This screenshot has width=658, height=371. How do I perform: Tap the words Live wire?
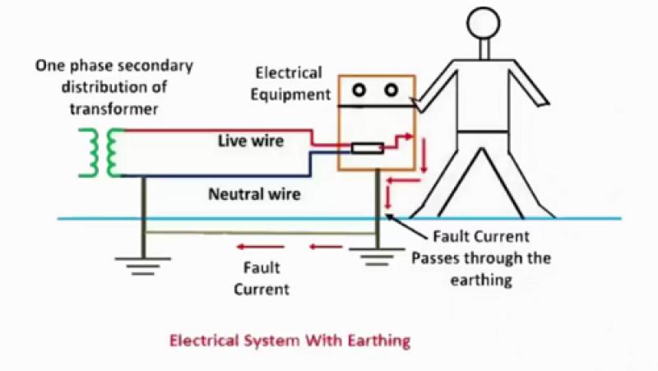pos(250,141)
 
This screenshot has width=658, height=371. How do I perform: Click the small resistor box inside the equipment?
pos(367,149)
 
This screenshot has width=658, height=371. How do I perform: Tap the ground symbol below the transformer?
pos(143,263)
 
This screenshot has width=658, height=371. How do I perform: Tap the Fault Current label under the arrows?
pos(262,278)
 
